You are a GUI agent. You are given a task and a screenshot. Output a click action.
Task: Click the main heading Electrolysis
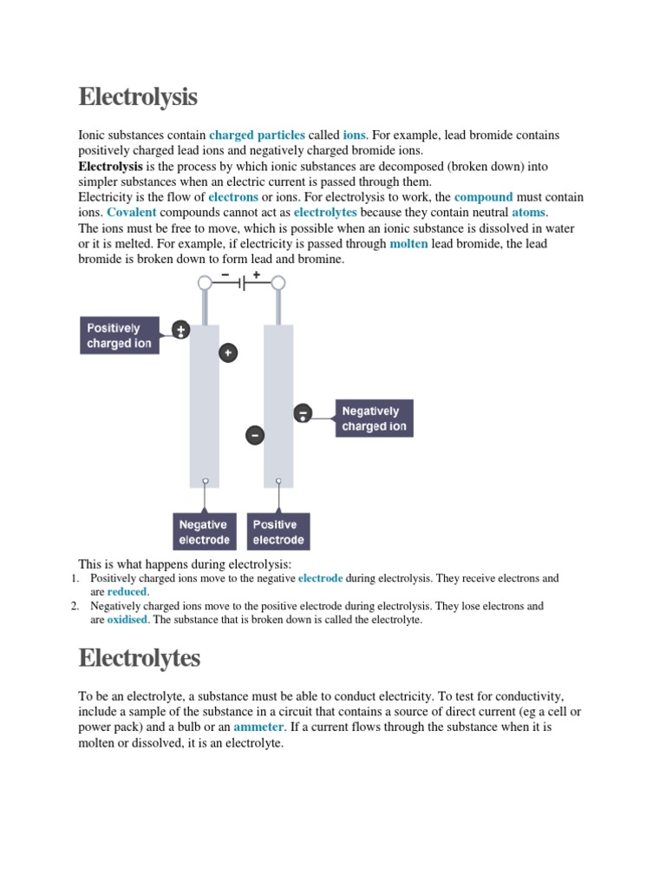(x=138, y=96)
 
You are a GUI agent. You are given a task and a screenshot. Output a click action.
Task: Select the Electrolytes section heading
(x=139, y=658)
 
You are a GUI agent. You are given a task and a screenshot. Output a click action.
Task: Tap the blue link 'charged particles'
(x=257, y=135)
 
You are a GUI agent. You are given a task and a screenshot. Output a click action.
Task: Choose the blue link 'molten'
(x=408, y=244)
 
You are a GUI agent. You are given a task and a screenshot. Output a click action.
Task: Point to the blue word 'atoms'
(x=529, y=212)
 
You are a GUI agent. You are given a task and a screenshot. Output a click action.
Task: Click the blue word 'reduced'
(x=127, y=591)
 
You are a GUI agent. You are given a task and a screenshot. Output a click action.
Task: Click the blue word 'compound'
(x=483, y=197)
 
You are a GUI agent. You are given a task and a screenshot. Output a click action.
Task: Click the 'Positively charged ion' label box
(x=121, y=336)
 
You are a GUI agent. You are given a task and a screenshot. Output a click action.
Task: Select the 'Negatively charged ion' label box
(x=374, y=418)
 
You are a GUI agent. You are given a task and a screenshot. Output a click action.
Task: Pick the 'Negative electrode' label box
(x=204, y=532)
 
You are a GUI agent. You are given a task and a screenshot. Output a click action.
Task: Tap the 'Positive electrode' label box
(x=278, y=532)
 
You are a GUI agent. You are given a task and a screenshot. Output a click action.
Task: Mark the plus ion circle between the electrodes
(x=228, y=353)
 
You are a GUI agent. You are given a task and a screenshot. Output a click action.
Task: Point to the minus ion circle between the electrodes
(x=254, y=435)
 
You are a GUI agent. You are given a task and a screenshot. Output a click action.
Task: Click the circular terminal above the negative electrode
(x=205, y=283)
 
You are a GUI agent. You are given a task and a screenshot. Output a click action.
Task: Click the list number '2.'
(x=75, y=606)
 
